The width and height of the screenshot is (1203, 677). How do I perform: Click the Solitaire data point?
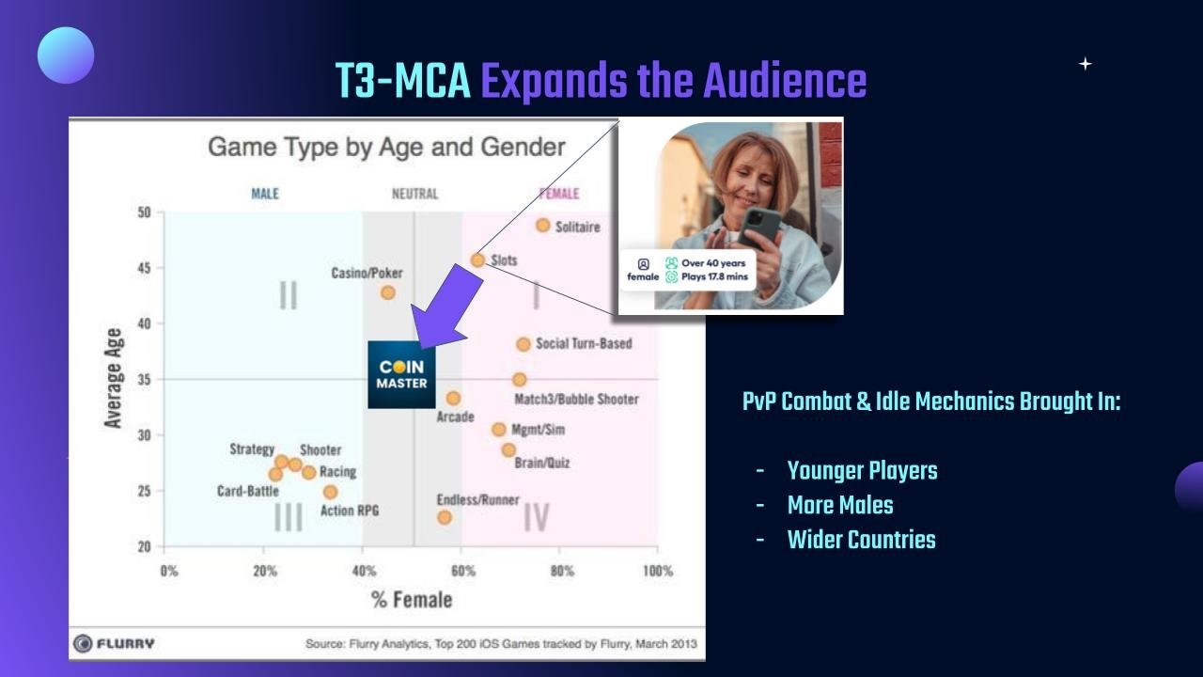(x=543, y=225)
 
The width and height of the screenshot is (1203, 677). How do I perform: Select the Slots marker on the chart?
(x=477, y=260)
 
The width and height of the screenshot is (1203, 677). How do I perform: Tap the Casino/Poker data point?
(x=388, y=292)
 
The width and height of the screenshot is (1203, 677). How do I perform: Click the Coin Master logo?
(x=401, y=374)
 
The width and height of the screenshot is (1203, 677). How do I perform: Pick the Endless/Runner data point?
(x=445, y=517)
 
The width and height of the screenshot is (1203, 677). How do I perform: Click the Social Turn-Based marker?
(x=523, y=344)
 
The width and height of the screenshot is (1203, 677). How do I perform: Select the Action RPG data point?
(x=330, y=492)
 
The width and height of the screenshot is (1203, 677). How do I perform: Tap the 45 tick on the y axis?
(x=144, y=268)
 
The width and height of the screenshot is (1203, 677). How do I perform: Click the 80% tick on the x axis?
(x=562, y=571)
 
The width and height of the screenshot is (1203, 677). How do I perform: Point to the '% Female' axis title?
(x=412, y=600)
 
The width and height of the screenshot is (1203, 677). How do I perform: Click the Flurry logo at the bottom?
(x=114, y=643)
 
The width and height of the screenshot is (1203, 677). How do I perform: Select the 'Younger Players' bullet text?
(x=862, y=471)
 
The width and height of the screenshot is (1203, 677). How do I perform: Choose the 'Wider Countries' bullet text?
(x=862, y=540)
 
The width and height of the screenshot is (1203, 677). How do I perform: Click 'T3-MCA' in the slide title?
(x=403, y=81)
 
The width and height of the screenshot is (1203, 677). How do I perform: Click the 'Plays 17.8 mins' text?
(x=714, y=276)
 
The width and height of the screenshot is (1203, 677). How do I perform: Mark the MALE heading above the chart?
(x=265, y=194)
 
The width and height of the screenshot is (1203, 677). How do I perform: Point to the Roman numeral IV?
(x=536, y=517)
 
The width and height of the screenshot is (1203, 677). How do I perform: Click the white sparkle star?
(x=1086, y=64)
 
